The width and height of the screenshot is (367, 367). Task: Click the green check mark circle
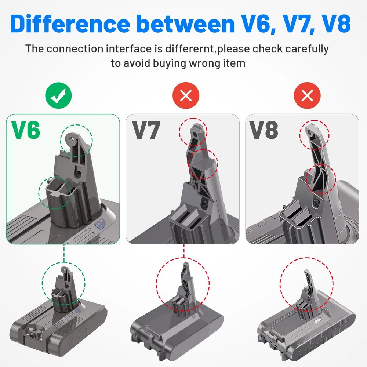(58, 95)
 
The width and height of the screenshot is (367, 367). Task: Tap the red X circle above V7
(186, 95)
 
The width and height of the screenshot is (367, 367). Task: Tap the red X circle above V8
(307, 95)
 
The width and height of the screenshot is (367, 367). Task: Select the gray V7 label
(146, 130)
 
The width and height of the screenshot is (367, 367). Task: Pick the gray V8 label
(264, 130)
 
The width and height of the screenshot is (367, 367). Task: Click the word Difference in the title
(70, 24)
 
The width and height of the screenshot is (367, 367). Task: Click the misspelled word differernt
(189, 49)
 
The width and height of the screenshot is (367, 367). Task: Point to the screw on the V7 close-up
(204, 204)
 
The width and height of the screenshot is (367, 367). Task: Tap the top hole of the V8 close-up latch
(310, 132)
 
